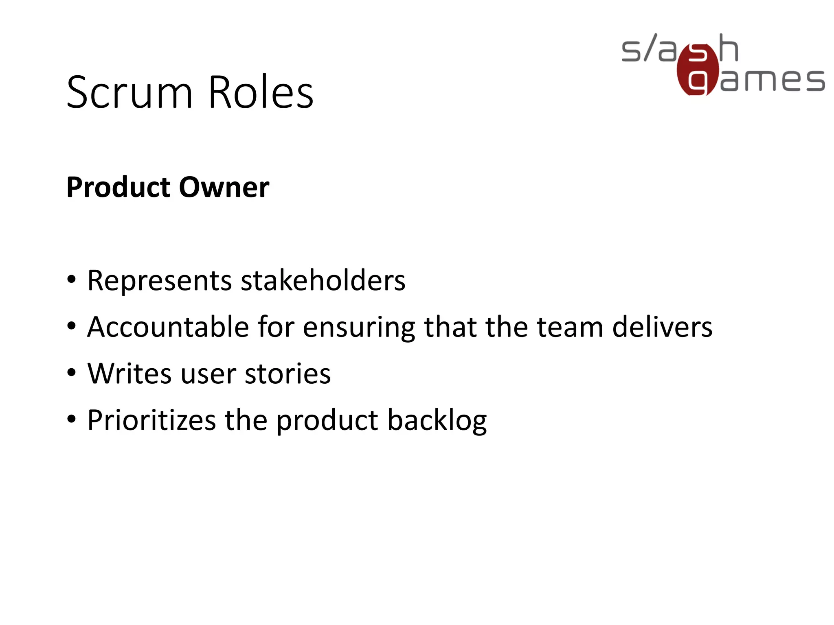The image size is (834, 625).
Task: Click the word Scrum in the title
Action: coord(129,93)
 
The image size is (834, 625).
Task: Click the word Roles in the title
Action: coord(261,93)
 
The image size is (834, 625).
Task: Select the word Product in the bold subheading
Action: coord(119,188)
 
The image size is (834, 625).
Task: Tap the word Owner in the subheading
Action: coord(224,188)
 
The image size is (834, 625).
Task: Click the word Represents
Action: coord(159,281)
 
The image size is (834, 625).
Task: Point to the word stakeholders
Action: coord(323,281)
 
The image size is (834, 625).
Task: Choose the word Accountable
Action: coord(168,327)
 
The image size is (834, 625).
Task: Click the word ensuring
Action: coord(359,328)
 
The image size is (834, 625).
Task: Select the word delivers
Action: coord(662,327)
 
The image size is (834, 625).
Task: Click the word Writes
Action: coord(129,374)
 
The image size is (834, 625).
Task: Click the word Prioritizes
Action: coord(151,420)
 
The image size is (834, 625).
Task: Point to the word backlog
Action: coord(437,420)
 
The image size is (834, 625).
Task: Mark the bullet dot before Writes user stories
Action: coord(72,372)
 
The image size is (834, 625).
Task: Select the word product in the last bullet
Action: coord(327,421)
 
